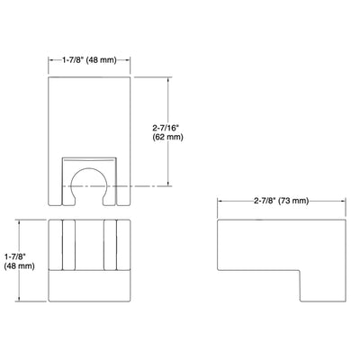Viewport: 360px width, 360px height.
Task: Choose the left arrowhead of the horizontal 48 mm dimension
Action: click(49, 62)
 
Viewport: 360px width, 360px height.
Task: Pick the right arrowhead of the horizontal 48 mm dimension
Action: click(131, 62)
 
